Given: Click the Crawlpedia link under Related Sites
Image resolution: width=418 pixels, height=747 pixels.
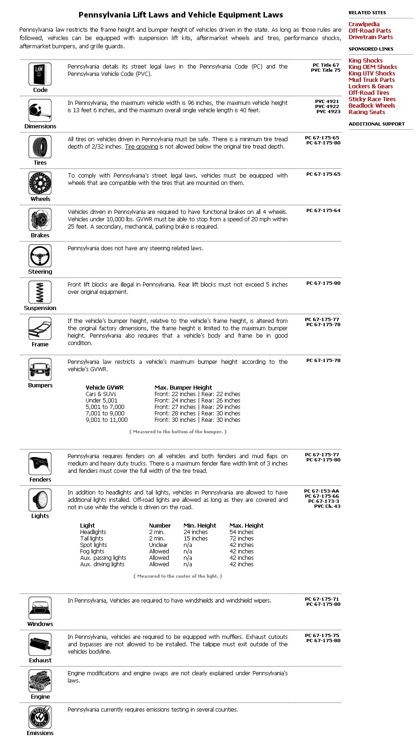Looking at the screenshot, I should [364, 24].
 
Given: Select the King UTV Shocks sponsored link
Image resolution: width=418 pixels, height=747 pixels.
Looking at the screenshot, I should [372, 74].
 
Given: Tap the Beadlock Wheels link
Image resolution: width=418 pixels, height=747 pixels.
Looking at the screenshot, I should [372, 106].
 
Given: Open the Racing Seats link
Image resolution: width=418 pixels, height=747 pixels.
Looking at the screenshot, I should [366, 112].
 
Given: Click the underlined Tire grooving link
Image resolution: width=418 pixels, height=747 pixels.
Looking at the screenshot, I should [141, 147].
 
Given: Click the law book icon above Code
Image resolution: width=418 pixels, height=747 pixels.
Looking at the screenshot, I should [40, 74].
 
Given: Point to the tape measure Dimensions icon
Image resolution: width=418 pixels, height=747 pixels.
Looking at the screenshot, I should [40, 110].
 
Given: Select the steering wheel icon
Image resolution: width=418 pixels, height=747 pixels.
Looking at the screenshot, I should [40, 256].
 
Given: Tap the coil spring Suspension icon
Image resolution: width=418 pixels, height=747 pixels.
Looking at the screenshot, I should [40, 292].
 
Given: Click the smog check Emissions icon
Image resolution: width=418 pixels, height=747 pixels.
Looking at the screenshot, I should [40, 717].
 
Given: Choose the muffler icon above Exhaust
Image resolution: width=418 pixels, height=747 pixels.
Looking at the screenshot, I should [40, 644].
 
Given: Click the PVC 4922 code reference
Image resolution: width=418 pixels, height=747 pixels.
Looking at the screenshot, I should [327, 107].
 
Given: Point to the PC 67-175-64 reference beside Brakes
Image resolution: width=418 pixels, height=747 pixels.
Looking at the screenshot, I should [323, 211].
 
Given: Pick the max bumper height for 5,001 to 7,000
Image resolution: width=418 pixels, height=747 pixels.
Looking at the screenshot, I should [197, 407].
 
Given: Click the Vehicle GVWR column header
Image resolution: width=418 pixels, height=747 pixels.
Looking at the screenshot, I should [104, 388].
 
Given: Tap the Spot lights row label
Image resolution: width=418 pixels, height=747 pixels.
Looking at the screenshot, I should [93, 545].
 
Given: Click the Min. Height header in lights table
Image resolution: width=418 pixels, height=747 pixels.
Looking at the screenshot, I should [200, 526].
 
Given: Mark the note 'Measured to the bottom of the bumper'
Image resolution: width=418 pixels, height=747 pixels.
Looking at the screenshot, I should [178, 432].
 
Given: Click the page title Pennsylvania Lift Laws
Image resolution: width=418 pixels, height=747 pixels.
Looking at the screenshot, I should [181, 15].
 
